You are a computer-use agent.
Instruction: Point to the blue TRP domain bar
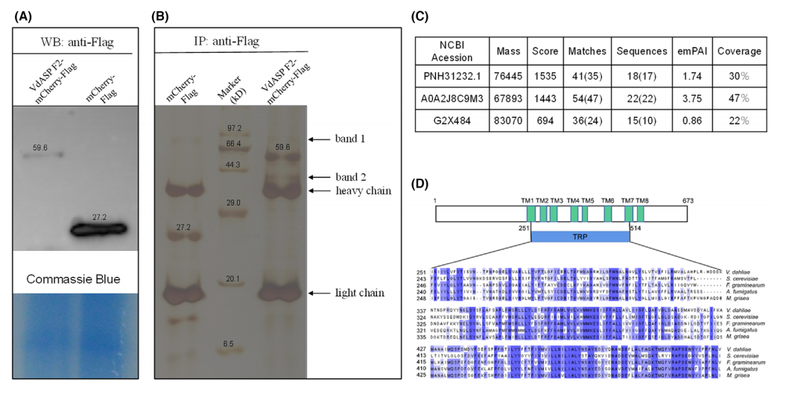pos(580,236)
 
